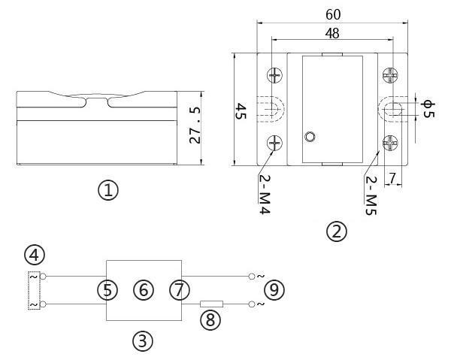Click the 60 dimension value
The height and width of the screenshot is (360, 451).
point(333,14)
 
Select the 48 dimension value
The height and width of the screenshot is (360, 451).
point(332,33)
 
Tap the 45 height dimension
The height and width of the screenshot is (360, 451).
point(241,112)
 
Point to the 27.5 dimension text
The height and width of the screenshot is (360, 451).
point(195,126)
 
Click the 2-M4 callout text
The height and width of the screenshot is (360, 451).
point(265,194)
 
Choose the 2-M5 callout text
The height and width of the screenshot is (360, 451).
point(371,195)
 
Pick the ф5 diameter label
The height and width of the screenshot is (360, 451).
point(428,109)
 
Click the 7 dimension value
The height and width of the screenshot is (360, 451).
point(392,178)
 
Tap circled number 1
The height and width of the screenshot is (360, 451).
point(108,190)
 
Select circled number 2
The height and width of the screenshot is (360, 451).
point(337,231)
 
